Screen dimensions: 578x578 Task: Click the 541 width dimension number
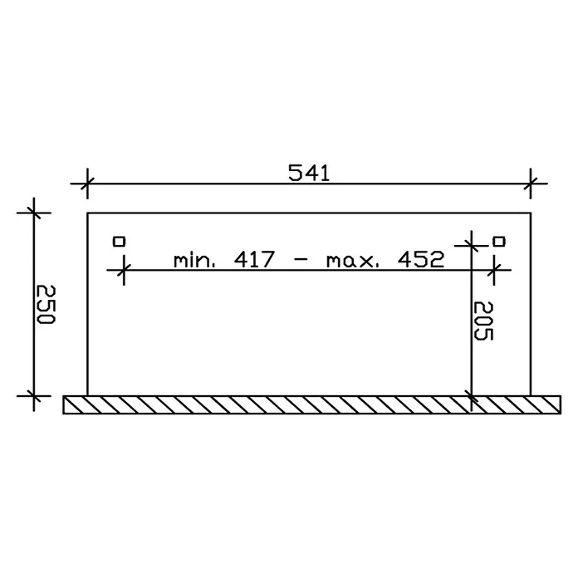click(309, 173)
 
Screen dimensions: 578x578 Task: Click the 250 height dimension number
click(46, 304)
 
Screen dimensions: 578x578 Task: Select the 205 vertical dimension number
click(482, 321)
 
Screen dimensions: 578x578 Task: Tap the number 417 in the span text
click(254, 259)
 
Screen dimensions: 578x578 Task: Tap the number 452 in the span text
click(420, 259)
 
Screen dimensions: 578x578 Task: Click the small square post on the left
click(119, 242)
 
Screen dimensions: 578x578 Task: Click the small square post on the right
click(499, 242)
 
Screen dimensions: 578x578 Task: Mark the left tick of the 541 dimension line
click(87, 184)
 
